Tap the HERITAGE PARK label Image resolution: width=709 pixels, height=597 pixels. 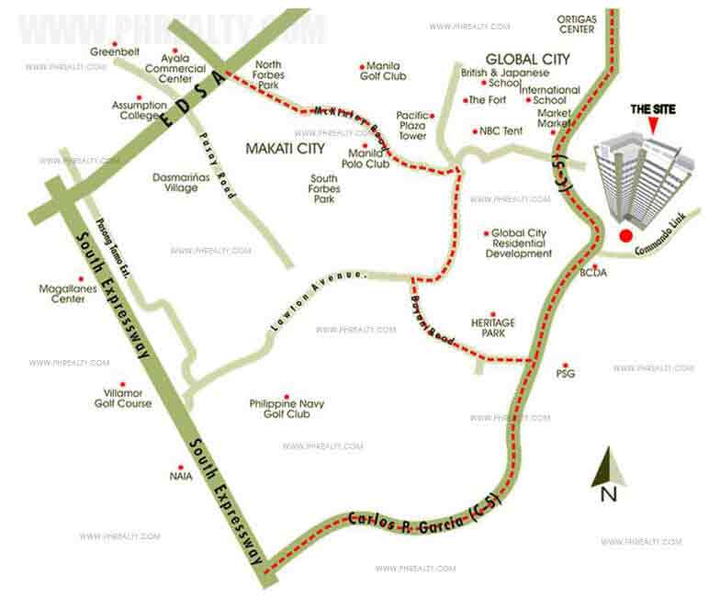click(492, 328)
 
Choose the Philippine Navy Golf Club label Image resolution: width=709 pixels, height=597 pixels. click(286, 409)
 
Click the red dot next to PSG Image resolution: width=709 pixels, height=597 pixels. click(567, 364)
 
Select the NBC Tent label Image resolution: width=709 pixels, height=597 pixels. click(501, 131)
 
